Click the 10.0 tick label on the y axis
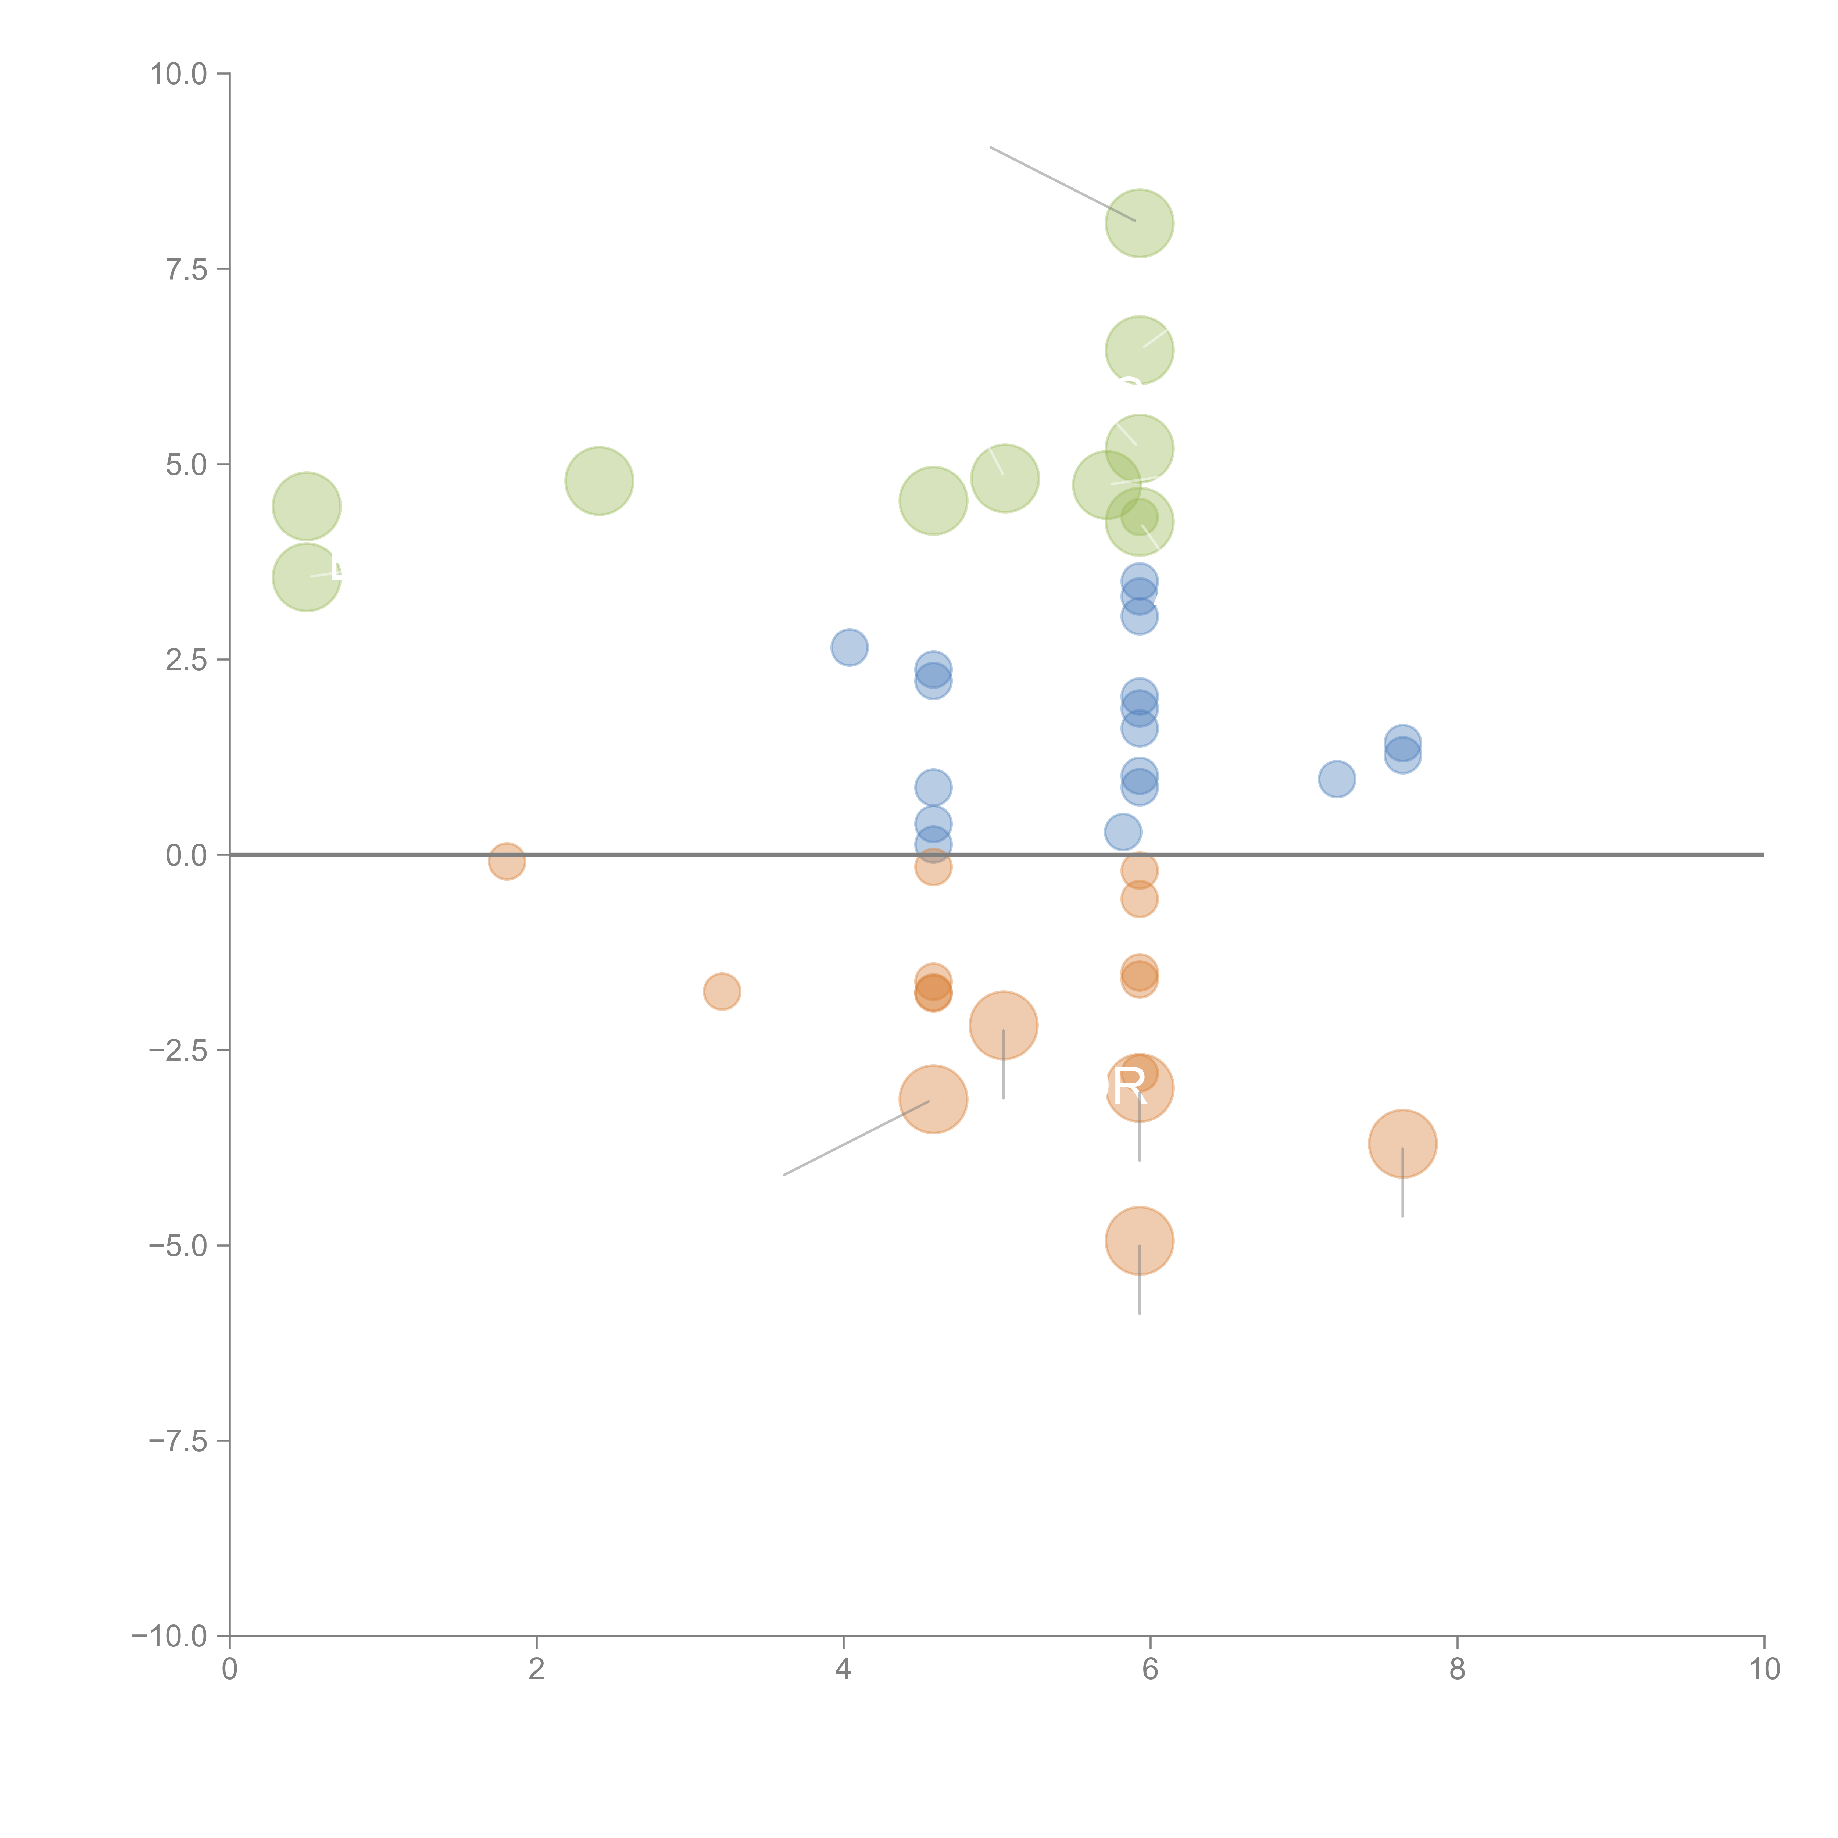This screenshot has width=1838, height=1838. [x=179, y=74]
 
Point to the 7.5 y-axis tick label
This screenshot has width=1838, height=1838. [x=186, y=269]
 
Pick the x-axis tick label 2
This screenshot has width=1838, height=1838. [x=537, y=1670]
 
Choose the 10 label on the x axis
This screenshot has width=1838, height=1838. [x=1764, y=1670]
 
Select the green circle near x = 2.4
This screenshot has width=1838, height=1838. [x=598, y=480]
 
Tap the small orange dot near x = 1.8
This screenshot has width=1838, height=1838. [x=507, y=861]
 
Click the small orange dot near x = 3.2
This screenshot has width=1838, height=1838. [x=722, y=991]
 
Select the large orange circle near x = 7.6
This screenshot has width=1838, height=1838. [x=1402, y=1144]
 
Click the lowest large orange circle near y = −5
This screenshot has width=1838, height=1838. [x=1139, y=1241]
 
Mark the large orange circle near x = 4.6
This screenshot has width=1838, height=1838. [x=933, y=1100]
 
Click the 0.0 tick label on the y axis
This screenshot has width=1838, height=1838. [x=186, y=855]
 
